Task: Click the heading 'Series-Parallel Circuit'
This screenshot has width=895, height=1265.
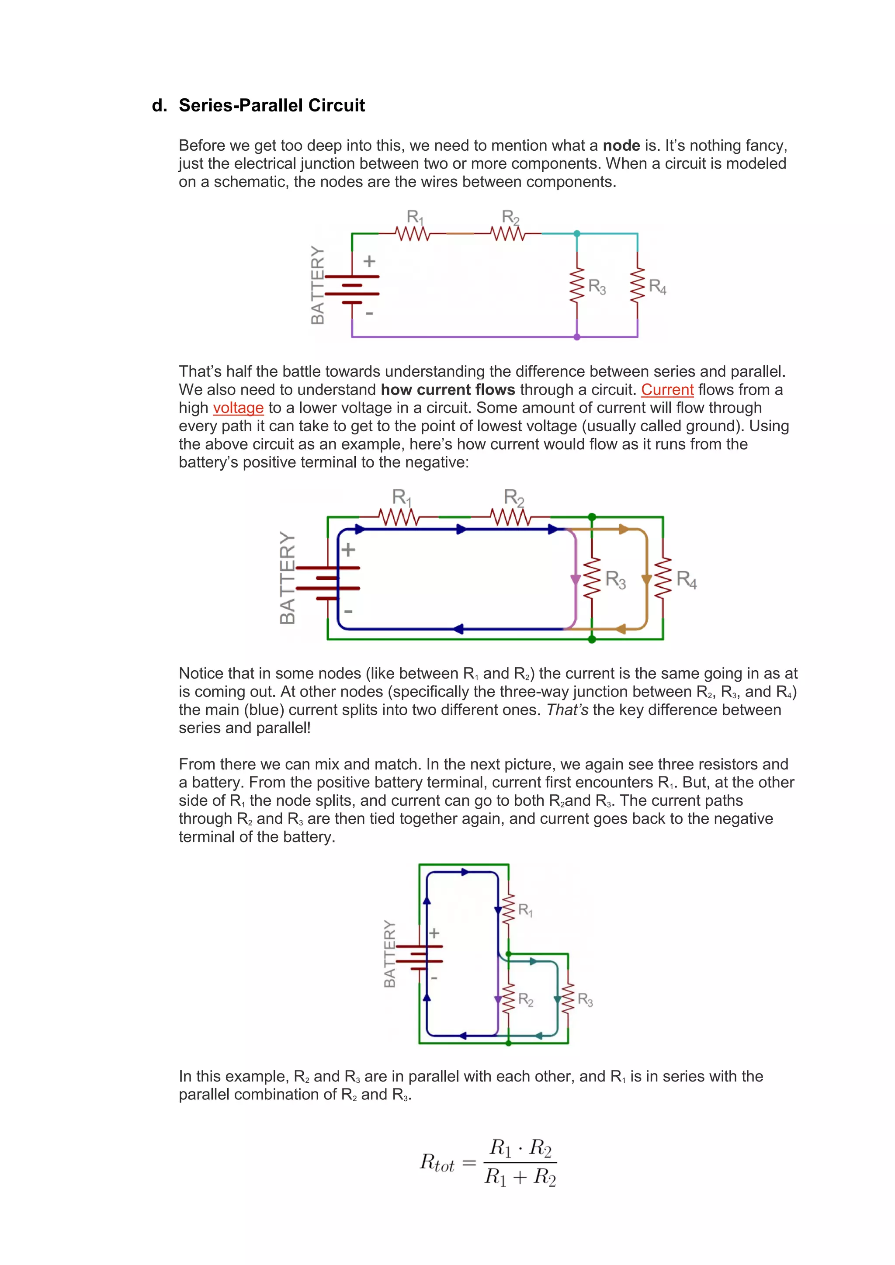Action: pyautogui.click(x=272, y=105)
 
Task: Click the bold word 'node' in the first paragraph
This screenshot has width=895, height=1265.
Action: pyautogui.click(x=621, y=146)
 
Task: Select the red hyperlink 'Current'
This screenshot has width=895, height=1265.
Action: pyautogui.click(x=667, y=389)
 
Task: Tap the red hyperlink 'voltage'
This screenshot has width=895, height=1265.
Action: pyautogui.click(x=238, y=408)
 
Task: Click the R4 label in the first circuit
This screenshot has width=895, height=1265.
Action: pyautogui.click(x=657, y=287)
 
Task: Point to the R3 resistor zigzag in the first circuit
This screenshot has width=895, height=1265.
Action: pyautogui.click(x=577, y=285)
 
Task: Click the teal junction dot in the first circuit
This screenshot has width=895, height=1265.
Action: pyautogui.click(x=577, y=234)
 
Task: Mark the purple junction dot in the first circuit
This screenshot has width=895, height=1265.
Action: pyautogui.click(x=577, y=336)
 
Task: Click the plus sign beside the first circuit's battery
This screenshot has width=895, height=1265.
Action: pyautogui.click(x=369, y=261)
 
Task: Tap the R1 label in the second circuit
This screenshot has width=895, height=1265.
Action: pyautogui.click(x=401, y=498)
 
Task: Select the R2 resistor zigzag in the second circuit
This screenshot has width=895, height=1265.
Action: pyautogui.click(x=510, y=517)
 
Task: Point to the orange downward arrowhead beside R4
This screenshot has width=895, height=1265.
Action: pyautogui.click(x=646, y=579)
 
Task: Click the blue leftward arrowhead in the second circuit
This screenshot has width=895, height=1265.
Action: pyautogui.click(x=458, y=629)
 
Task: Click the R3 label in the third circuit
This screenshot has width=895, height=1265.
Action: pyautogui.click(x=585, y=1000)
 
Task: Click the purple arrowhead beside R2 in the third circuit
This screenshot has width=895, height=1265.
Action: pyautogui.click(x=498, y=999)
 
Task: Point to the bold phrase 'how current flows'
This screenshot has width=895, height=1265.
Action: pyautogui.click(x=447, y=389)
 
